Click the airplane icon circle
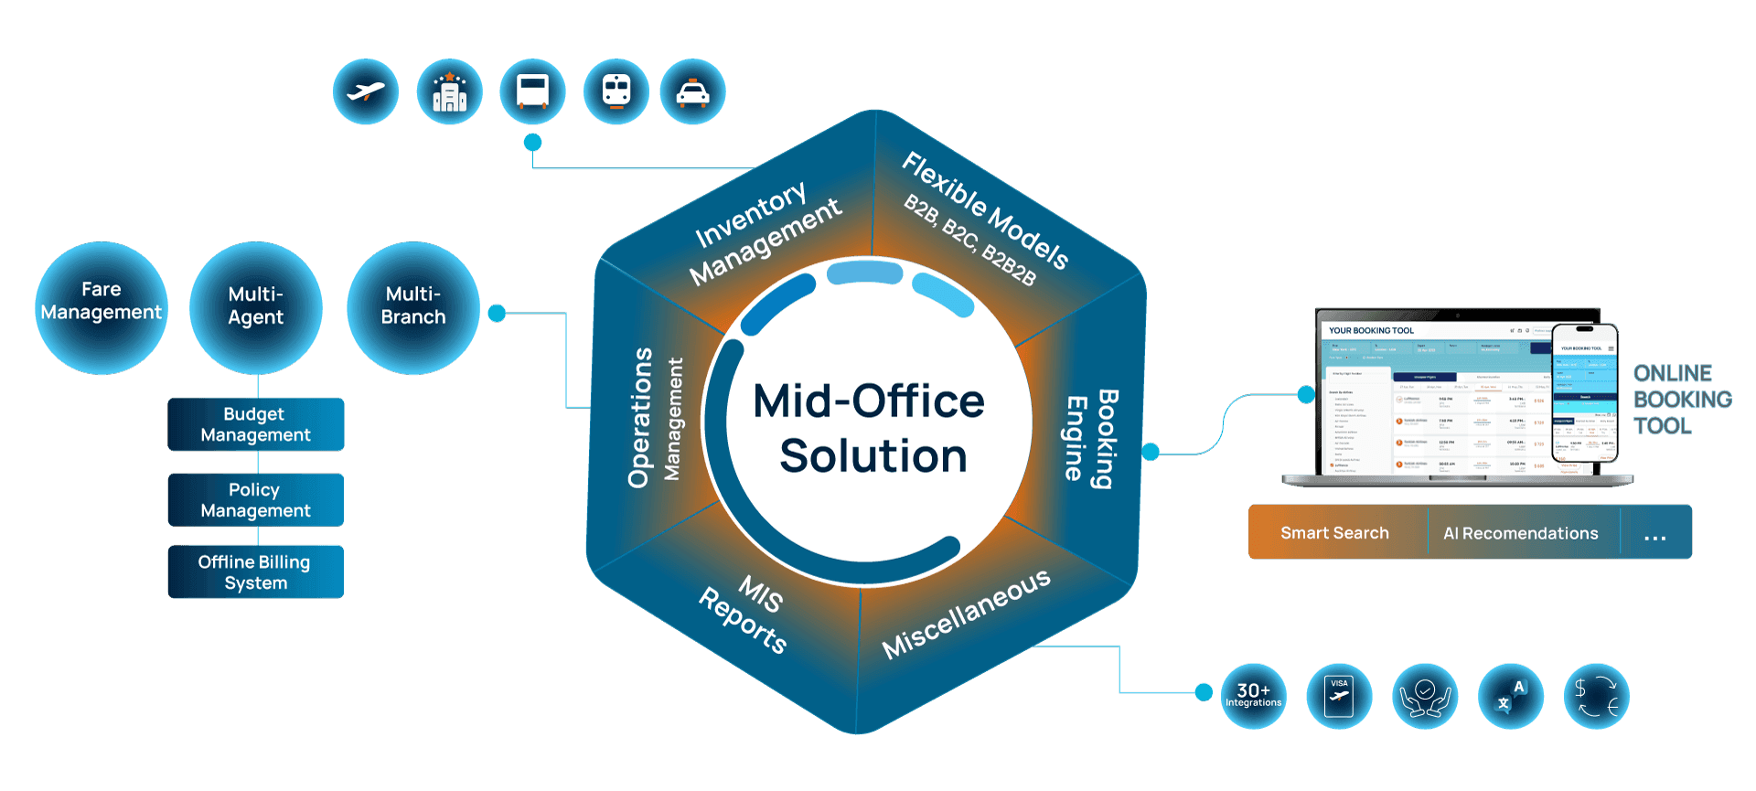click(366, 91)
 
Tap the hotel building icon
click(449, 91)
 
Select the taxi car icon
click(692, 91)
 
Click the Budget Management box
click(255, 424)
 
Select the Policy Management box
click(255, 500)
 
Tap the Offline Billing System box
click(255, 572)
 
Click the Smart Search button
click(1334, 532)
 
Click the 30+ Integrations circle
click(1253, 696)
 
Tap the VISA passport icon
click(1339, 696)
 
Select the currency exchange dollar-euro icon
click(1597, 696)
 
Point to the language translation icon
click(1511, 696)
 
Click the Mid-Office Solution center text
click(870, 428)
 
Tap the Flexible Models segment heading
click(986, 210)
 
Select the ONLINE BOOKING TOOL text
click(1681, 400)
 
